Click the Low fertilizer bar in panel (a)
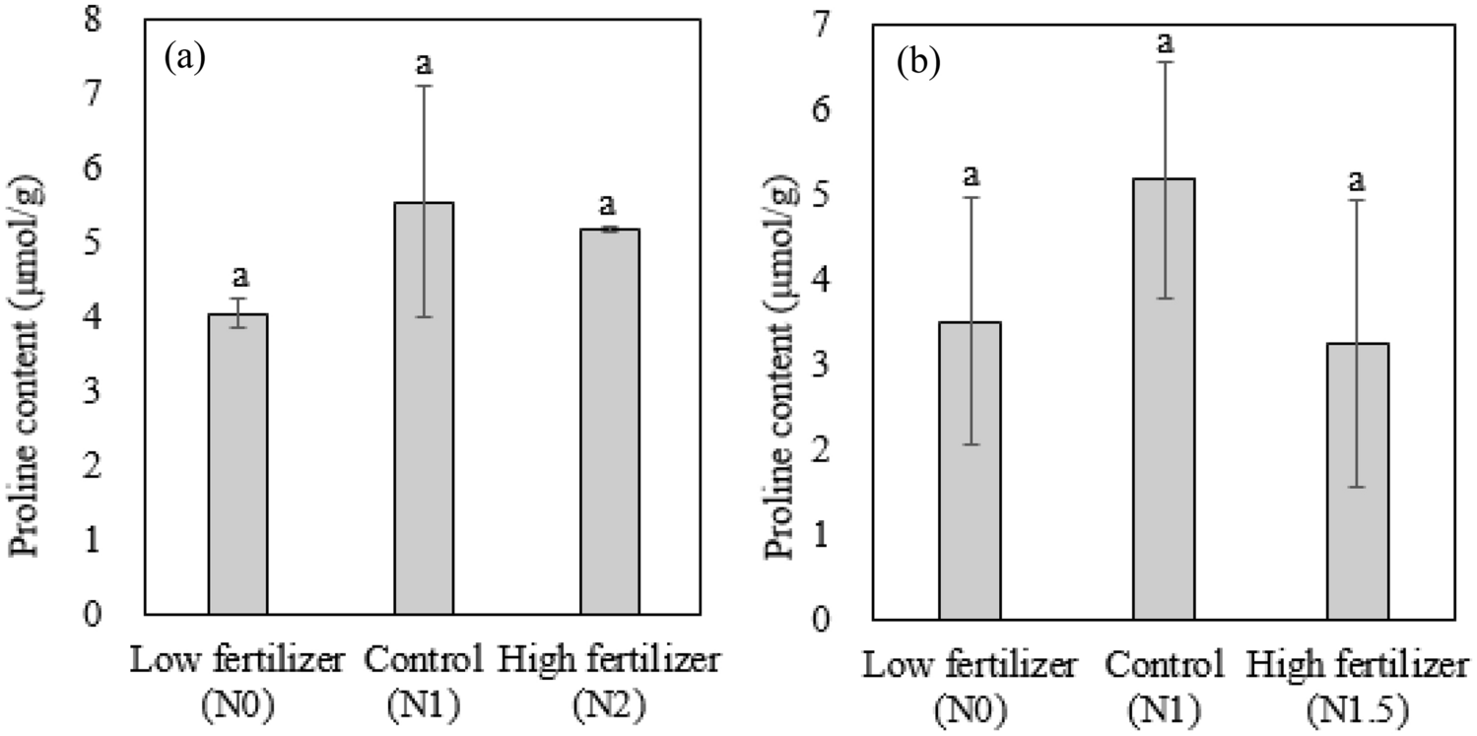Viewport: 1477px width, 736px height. (237, 464)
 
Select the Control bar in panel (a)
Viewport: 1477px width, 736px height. (424, 408)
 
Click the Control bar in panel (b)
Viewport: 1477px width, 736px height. (1163, 399)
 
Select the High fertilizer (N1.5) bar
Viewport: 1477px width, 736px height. (1356, 482)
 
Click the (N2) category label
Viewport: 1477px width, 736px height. (609, 705)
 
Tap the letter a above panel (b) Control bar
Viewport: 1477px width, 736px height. (1163, 42)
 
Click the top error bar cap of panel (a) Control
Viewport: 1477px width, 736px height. (424, 87)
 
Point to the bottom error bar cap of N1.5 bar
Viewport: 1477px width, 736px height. (1356, 487)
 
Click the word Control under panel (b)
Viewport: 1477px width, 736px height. (1164, 667)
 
